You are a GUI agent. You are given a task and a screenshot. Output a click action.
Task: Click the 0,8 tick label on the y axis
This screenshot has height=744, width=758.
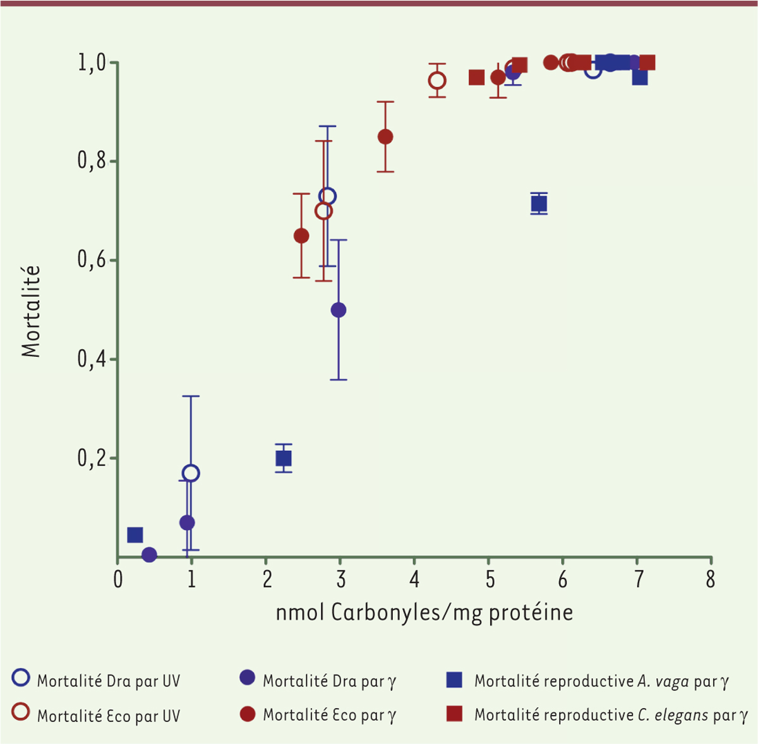click(91, 162)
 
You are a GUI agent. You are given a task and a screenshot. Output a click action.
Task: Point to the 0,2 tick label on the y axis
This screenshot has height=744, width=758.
click(91, 459)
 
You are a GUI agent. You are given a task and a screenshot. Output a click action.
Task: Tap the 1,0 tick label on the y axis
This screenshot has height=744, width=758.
click(91, 63)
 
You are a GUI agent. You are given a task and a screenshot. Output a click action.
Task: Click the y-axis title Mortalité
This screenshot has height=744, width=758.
click(31, 311)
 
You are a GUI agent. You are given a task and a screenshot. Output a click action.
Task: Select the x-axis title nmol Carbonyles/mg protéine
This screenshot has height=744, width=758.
click(424, 612)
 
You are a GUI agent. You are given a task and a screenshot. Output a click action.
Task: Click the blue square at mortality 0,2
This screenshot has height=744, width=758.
click(284, 459)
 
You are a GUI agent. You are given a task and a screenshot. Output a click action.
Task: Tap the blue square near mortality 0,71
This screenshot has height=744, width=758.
click(539, 203)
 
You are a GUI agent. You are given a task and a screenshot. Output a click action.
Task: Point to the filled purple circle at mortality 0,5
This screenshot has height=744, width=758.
click(339, 310)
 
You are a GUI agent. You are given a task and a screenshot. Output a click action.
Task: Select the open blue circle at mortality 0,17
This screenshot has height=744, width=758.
click(191, 473)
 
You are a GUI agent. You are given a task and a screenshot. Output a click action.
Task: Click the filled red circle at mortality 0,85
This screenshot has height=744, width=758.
click(385, 137)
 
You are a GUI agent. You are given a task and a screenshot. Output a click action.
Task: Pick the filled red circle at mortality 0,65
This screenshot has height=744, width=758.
click(301, 236)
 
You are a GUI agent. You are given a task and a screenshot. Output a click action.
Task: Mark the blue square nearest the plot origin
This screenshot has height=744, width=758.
click(135, 535)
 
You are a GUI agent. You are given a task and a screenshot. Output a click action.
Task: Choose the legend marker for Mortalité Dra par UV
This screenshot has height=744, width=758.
click(21, 678)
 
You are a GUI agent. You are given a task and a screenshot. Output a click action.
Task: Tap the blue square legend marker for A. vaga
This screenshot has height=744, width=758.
click(454, 680)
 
